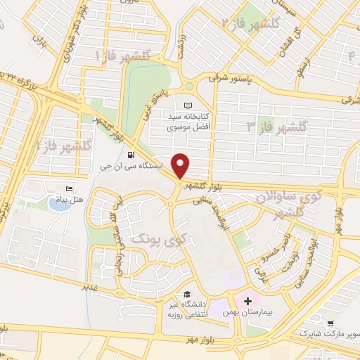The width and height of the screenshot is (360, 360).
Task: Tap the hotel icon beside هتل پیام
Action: tap(69, 189)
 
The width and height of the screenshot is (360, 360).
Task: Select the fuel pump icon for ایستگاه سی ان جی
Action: tap(131, 155)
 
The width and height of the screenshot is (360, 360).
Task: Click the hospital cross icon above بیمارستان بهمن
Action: tap(247, 301)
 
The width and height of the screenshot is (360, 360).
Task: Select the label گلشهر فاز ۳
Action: tap(277, 127)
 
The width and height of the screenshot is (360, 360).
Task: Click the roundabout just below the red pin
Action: tap(171, 205)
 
